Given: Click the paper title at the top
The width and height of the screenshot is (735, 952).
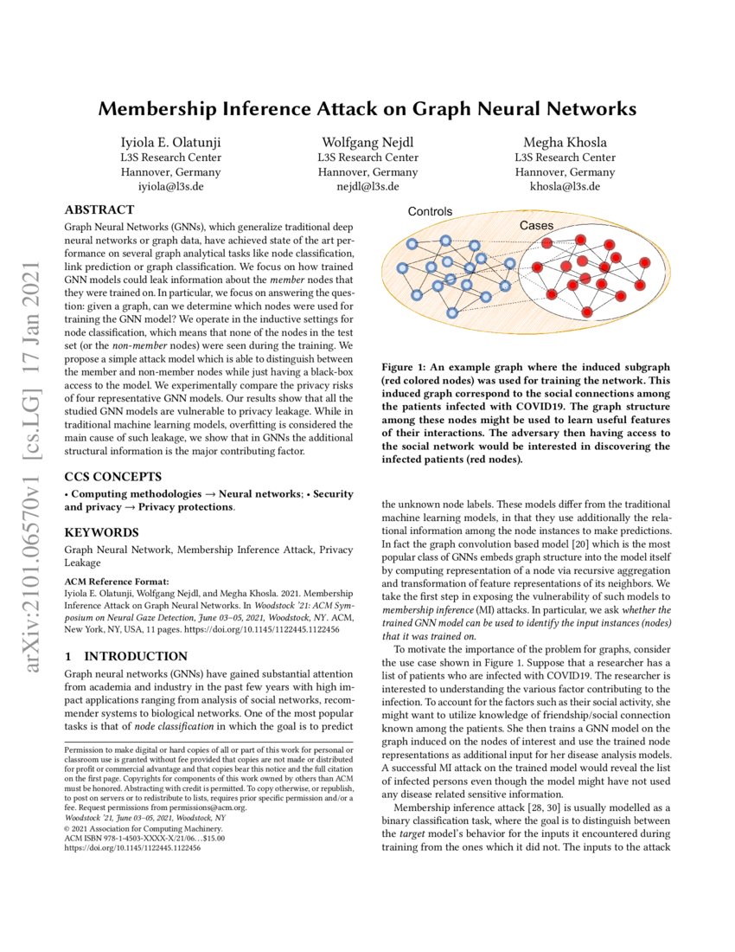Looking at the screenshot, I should click(367, 109).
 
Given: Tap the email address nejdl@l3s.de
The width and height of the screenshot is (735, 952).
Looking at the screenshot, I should click(367, 186).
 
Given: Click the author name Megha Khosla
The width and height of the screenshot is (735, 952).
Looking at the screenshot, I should click(563, 142).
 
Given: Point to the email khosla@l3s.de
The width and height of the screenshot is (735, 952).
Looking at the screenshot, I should click(563, 186).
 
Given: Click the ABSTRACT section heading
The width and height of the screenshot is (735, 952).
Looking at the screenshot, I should click(99, 209).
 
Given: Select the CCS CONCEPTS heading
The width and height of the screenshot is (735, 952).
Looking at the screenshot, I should click(112, 476).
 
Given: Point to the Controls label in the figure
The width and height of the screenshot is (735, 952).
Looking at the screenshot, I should click(430, 211).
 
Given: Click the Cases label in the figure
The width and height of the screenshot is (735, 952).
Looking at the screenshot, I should click(536, 225).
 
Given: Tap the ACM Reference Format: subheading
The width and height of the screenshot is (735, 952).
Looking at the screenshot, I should click(115, 582).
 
